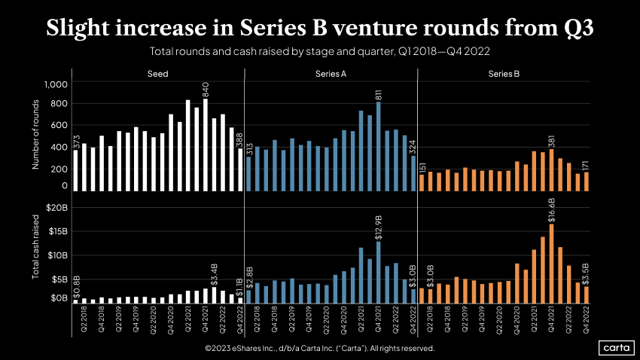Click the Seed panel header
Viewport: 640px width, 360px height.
[x=157, y=74]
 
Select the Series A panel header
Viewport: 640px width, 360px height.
[x=331, y=74]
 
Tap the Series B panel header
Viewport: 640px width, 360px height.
[x=504, y=74]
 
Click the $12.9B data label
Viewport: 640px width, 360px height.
[x=378, y=227]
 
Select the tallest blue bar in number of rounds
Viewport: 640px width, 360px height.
[x=378, y=146]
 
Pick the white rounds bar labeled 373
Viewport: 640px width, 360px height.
[x=75, y=170]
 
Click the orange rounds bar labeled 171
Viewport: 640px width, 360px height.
[x=586, y=182]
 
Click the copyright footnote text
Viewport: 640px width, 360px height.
[x=319, y=349]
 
